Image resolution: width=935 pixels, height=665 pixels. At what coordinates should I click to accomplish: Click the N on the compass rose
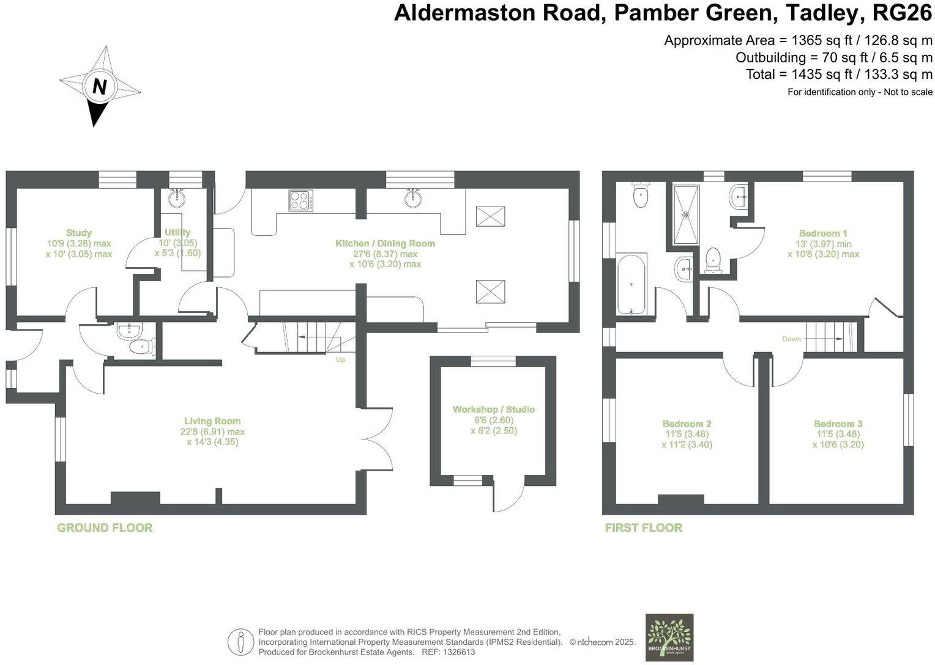pyautogui.click(x=99, y=87)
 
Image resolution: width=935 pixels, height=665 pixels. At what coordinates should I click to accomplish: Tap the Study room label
pyautogui.click(x=79, y=233)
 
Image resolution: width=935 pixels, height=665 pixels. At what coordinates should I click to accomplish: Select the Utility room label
pyautogui.click(x=177, y=232)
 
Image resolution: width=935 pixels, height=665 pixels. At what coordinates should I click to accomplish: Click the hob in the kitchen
pyautogui.click(x=301, y=200)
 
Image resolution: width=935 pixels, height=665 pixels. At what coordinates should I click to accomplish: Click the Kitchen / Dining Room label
pyautogui.click(x=385, y=243)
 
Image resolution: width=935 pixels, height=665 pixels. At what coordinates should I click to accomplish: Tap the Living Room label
pyautogui.click(x=212, y=421)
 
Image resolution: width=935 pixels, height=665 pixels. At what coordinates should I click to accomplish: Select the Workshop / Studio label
pyautogui.click(x=494, y=410)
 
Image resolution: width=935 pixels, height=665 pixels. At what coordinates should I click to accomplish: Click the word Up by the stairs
pyautogui.click(x=340, y=359)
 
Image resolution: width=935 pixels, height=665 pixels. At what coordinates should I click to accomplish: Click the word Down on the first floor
pyautogui.click(x=791, y=339)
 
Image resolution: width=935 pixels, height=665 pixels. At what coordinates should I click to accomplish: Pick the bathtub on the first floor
pyautogui.click(x=630, y=284)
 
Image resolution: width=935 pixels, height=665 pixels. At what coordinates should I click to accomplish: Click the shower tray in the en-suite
pyautogui.click(x=686, y=215)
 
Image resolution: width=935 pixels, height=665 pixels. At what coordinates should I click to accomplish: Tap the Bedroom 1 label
pyautogui.click(x=823, y=233)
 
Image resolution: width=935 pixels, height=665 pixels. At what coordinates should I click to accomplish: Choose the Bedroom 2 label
pyautogui.click(x=687, y=424)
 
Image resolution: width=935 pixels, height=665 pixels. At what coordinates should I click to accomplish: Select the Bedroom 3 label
pyautogui.click(x=838, y=424)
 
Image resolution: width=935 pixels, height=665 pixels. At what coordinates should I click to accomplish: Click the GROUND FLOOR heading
pyautogui.click(x=105, y=527)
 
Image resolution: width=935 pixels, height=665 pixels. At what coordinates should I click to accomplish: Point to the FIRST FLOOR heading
pyautogui.click(x=643, y=527)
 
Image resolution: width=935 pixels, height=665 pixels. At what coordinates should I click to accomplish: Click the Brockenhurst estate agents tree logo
pyautogui.click(x=669, y=637)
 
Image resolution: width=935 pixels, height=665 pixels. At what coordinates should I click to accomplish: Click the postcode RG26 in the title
pyautogui.click(x=903, y=12)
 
